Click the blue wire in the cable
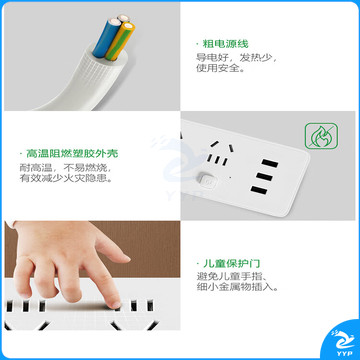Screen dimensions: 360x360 pyautogui.click(x=103, y=37)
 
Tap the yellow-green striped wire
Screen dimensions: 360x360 pyautogui.click(x=121, y=41)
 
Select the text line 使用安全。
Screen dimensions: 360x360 pyautogui.click(x=220, y=68)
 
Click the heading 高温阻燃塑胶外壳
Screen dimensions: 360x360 pyautogui.click(x=72, y=153)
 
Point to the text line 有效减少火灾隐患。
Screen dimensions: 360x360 pyautogui.click(x=65, y=178)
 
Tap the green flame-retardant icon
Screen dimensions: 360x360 pyautogui.click(x=322, y=136)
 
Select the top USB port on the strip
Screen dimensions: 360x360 pyautogui.click(x=269, y=163)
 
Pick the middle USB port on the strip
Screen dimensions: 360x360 pyautogui.click(x=264, y=177)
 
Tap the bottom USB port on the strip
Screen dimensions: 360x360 pyautogui.click(x=259, y=191)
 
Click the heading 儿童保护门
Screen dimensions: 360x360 pyautogui.click(x=232, y=263)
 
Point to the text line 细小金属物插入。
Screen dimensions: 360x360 pyautogui.click(x=237, y=287)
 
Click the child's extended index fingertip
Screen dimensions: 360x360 pyautogui.click(x=115, y=303)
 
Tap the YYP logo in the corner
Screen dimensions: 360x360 pyautogui.click(x=342, y=342)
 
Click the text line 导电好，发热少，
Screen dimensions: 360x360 pyautogui.click(x=236, y=57)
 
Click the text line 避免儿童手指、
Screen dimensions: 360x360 pyautogui.click(x=231, y=276)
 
